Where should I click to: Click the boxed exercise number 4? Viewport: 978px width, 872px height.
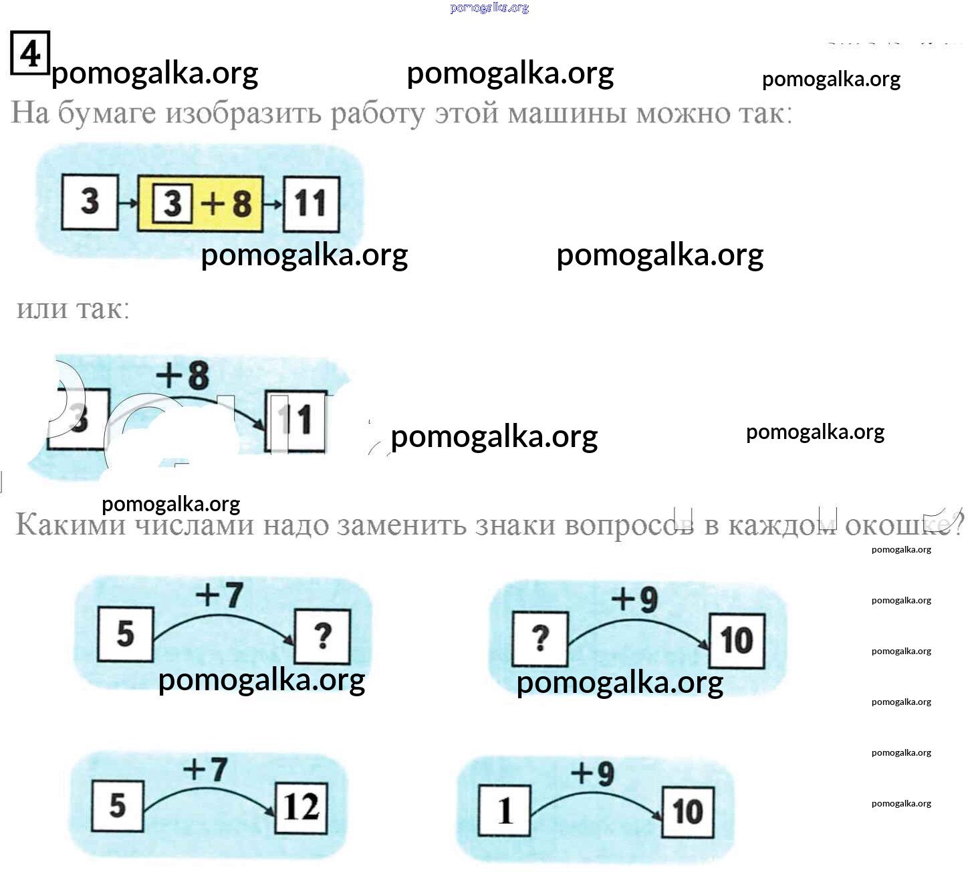point(30,53)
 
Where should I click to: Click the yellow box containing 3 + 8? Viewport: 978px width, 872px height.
point(201,204)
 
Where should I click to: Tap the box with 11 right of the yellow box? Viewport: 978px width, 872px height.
point(311,204)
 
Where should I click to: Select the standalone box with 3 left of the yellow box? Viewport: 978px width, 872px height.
point(90,202)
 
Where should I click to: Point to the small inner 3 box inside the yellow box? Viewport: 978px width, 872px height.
point(172,203)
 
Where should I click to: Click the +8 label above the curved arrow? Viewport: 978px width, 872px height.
point(182,376)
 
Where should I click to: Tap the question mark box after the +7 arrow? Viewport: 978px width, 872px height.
point(322,636)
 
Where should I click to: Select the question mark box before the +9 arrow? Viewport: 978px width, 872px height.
point(539,639)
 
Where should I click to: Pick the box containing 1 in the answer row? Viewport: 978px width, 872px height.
point(505,811)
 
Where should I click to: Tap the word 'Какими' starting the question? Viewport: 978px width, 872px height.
point(70,525)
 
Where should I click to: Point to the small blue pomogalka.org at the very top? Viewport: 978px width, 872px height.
point(489,8)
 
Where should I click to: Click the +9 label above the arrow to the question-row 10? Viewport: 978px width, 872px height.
point(634,599)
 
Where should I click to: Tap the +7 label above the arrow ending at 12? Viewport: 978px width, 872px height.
point(205,770)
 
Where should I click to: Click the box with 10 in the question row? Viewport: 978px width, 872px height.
point(737,641)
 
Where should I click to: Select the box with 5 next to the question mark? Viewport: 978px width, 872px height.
point(126,633)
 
